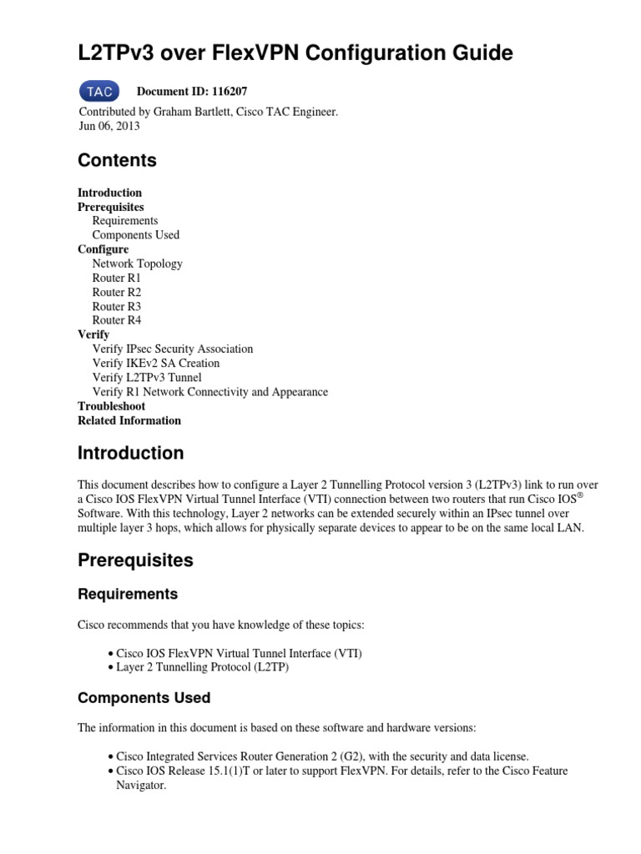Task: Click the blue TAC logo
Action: (99, 91)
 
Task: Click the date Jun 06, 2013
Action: (109, 126)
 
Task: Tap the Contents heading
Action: (117, 160)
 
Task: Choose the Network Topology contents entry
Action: (137, 264)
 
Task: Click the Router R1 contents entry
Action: (117, 278)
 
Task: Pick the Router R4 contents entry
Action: (117, 320)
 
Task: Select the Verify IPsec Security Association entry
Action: (173, 349)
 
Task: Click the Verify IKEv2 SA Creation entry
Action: (156, 363)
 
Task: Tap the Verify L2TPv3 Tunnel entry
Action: (147, 377)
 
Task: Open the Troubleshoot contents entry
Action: (112, 406)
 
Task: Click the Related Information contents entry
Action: (129, 420)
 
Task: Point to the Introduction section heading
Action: (131, 454)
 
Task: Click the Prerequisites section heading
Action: (135, 560)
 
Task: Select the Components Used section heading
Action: (144, 697)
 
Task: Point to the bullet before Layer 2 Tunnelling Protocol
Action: (111, 667)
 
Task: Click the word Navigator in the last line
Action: (141, 786)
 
